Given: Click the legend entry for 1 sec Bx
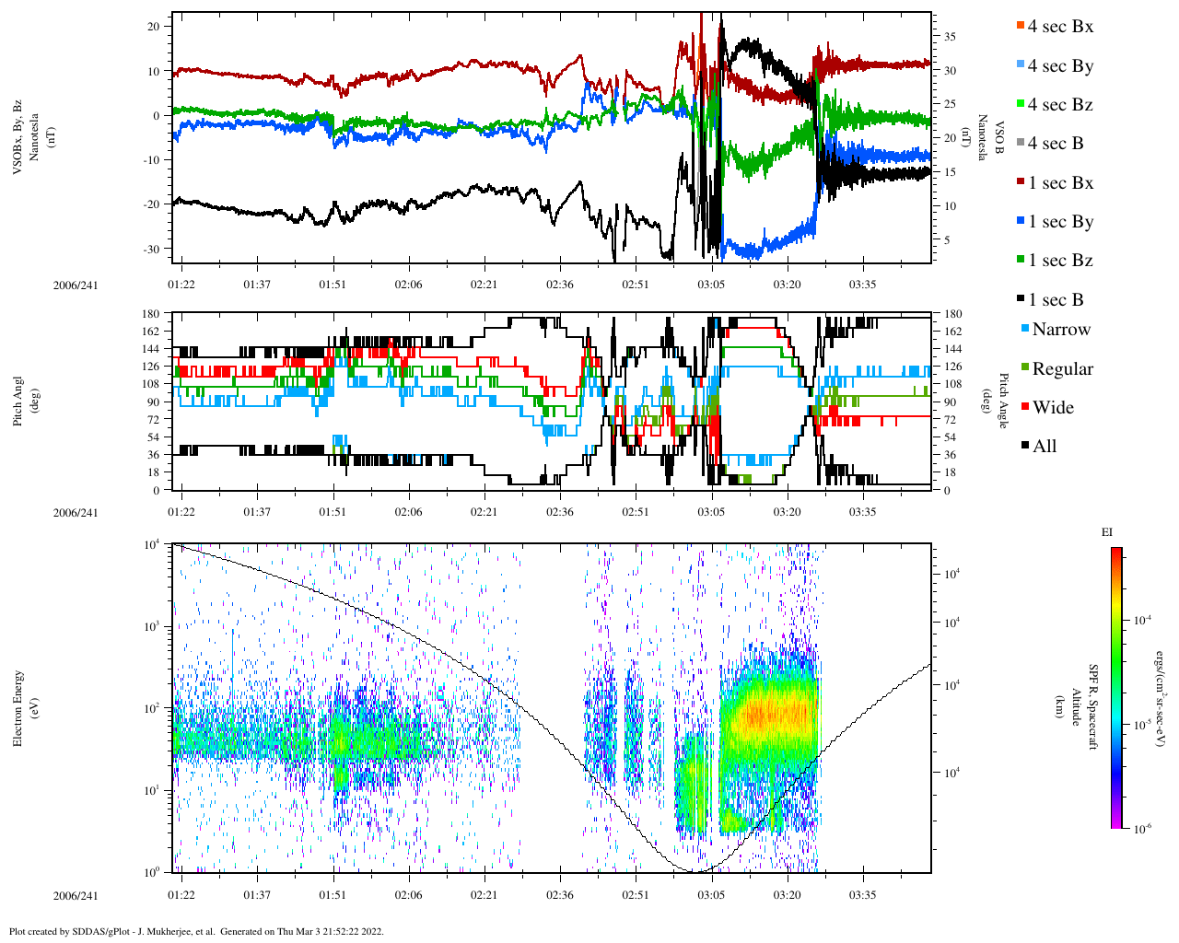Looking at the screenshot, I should (x=1060, y=183).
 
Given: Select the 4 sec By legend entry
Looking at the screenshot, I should (x=1060, y=66).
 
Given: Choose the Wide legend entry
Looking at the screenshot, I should (x=1053, y=408).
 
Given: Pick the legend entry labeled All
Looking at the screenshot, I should (x=1045, y=447).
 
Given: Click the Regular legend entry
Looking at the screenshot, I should (x=1062, y=369).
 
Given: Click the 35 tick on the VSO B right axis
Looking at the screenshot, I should (x=949, y=37).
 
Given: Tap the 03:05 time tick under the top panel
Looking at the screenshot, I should (x=711, y=285).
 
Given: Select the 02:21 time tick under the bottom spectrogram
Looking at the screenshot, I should (x=484, y=895).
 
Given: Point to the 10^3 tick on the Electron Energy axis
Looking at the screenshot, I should (x=155, y=626).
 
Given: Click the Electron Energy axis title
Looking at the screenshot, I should (x=18, y=707).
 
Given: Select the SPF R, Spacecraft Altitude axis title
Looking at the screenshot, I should (x=1085, y=707).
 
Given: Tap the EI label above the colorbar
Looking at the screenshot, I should (x=1107, y=532).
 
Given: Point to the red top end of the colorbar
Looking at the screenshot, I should (x=1115, y=551).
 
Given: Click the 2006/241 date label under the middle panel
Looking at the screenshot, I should (x=76, y=513).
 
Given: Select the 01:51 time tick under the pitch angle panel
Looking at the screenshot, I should (x=333, y=513).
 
